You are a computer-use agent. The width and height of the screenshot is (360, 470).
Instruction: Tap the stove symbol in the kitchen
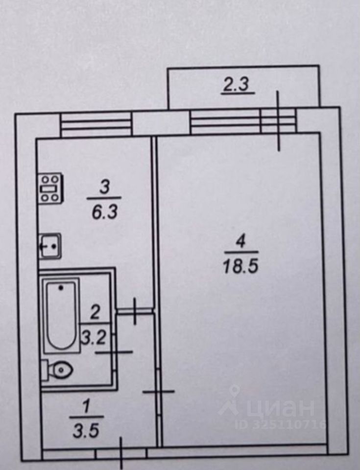[x=50, y=188]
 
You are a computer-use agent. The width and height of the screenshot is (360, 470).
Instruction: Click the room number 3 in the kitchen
[x=104, y=187]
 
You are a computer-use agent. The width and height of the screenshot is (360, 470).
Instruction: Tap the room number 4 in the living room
[x=240, y=241]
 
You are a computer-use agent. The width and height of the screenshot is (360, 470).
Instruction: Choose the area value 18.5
[x=240, y=267]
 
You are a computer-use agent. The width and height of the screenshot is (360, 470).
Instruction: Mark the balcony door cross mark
[x=278, y=121]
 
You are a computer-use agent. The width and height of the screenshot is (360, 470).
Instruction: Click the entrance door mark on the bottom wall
[x=121, y=453]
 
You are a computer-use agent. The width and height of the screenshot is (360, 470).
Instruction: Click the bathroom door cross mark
[x=114, y=352]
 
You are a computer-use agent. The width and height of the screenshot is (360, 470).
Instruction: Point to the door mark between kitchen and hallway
[x=135, y=310]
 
